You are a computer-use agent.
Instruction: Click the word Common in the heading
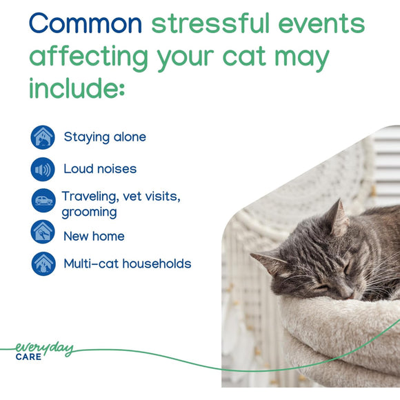click(85, 23)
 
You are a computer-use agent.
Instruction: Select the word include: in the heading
click(77, 88)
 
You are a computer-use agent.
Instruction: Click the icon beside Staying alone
click(43, 137)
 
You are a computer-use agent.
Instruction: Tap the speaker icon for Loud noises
click(43, 169)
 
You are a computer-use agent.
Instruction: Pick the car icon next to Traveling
click(43, 201)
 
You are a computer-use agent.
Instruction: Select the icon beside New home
click(43, 232)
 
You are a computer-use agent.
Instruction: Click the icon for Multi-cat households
click(43, 263)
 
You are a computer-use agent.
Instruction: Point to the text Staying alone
click(105, 137)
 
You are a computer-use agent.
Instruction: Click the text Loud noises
click(100, 169)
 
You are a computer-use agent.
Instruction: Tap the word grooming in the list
click(89, 212)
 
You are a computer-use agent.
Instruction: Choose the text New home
click(94, 236)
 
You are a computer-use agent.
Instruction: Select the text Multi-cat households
click(127, 263)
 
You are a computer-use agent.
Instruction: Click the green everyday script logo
click(44, 349)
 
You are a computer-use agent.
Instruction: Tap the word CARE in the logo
click(28, 358)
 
